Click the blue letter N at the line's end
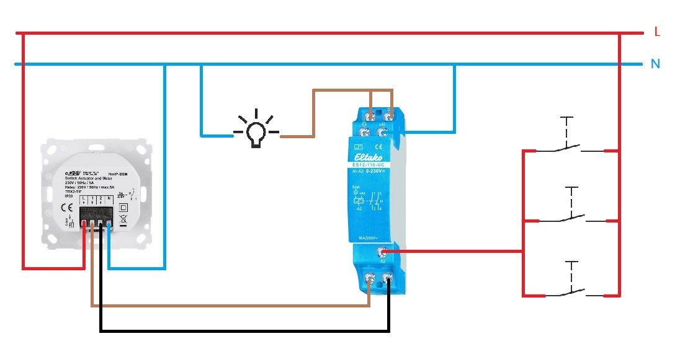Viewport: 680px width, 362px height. (655, 63)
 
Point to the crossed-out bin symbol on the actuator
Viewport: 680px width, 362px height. (123, 219)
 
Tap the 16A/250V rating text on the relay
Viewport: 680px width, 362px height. (370, 238)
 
